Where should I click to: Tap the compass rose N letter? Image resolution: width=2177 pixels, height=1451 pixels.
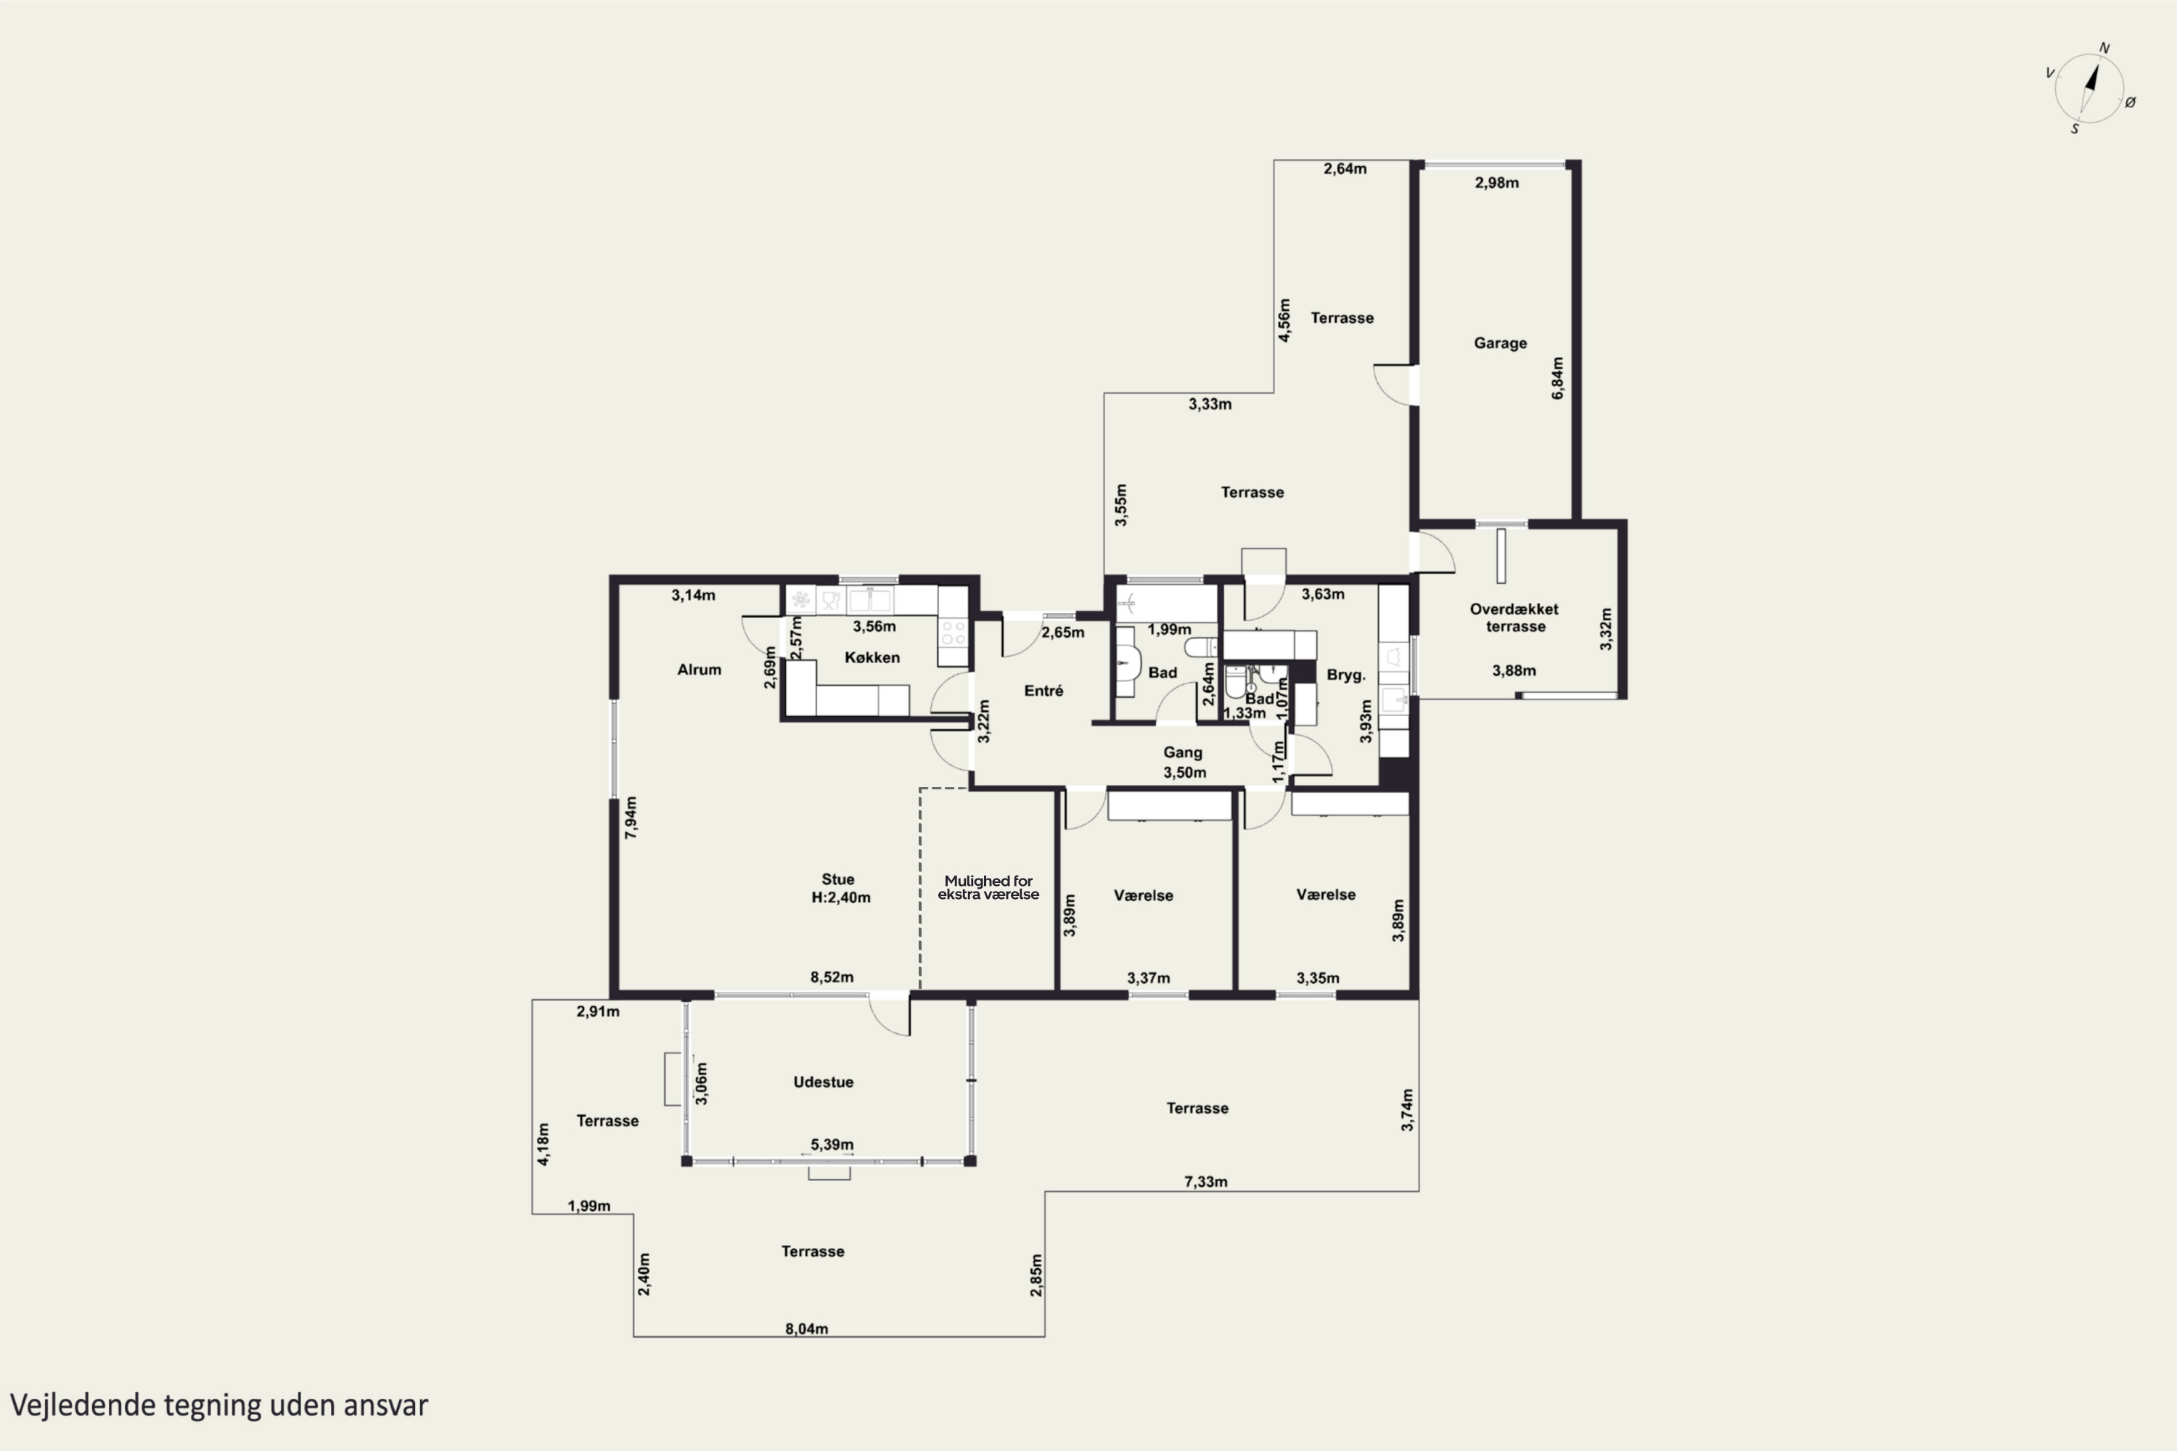(2104, 48)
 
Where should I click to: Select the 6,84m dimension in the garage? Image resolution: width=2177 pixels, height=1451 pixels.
(1558, 379)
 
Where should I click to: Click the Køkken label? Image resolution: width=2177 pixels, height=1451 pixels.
(872, 657)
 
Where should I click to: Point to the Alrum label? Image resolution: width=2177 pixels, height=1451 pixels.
(699, 669)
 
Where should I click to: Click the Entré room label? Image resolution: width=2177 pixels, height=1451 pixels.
(1044, 691)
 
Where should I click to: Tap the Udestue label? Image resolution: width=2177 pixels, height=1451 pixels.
(823, 1082)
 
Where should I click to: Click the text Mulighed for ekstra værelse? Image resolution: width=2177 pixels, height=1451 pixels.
(988, 887)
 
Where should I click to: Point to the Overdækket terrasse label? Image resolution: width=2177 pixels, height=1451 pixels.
(1514, 617)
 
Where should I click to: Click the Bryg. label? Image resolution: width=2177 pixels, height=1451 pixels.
(1346, 675)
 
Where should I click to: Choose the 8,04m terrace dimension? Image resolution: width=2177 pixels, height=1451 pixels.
(806, 1329)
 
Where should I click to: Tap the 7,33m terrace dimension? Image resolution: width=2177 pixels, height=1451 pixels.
(1206, 1182)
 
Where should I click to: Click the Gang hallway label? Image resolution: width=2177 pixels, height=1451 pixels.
(1183, 752)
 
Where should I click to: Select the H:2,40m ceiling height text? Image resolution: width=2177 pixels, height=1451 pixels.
(840, 897)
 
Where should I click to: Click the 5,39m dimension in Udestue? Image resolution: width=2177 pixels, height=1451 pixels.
(832, 1145)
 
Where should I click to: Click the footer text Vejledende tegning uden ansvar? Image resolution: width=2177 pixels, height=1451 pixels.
(219, 1405)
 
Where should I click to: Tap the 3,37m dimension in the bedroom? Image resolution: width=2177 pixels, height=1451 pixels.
(1149, 978)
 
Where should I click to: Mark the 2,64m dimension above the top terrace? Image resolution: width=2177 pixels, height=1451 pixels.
(1345, 168)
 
